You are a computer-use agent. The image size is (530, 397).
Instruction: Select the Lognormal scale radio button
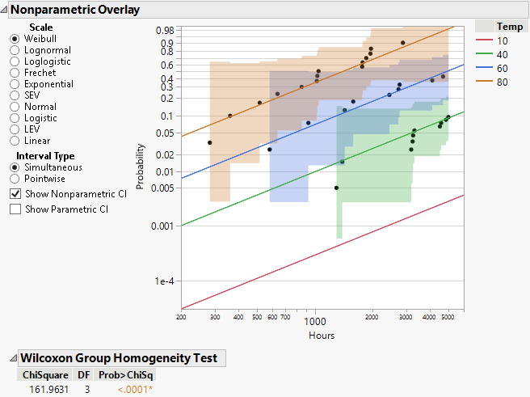(x=15, y=50)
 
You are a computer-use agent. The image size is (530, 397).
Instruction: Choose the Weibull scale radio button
(x=15, y=39)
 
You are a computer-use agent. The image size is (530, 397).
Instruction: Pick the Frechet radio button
(x=15, y=73)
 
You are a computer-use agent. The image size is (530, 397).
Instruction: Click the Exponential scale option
(x=15, y=84)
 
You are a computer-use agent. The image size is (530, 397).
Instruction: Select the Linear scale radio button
(x=15, y=141)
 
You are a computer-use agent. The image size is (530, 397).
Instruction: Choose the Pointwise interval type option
(x=15, y=179)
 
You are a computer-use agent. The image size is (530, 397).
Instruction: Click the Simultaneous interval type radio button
(x=15, y=167)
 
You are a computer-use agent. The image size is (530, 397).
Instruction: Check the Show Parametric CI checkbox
(x=15, y=209)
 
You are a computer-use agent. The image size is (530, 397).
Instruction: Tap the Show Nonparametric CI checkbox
(x=15, y=194)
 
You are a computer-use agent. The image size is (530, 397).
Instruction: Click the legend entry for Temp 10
(x=502, y=40)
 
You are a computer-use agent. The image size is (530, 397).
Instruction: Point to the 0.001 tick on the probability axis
(x=162, y=226)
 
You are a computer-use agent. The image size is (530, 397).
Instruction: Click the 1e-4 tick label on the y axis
(x=164, y=281)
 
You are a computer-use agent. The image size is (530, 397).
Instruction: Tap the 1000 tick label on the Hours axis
(x=315, y=321)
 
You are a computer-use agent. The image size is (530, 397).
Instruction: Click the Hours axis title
(x=321, y=336)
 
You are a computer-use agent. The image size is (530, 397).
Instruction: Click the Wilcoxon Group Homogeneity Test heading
(x=119, y=358)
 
